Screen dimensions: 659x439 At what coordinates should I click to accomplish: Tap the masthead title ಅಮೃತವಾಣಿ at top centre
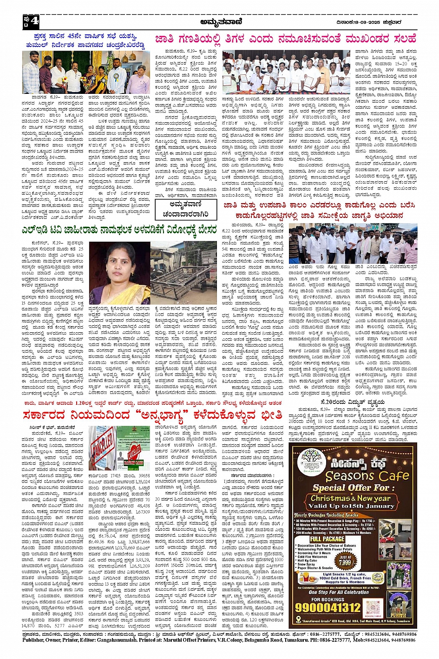coord(221,21)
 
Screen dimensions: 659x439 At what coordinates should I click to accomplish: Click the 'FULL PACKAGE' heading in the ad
coord(328,539)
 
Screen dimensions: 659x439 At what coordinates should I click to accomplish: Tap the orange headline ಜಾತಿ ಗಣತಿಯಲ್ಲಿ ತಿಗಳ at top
coord(285,39)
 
